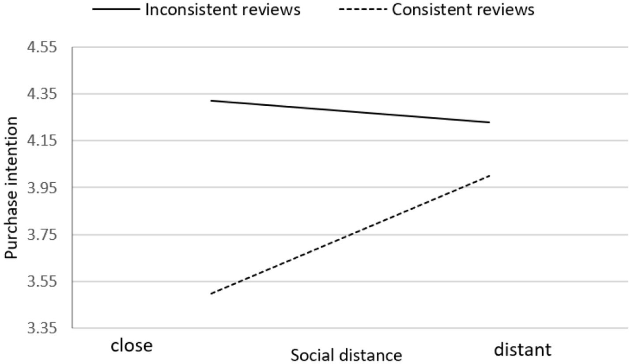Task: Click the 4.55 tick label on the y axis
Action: coord(42,47)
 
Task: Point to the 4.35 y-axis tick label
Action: coord(42,94)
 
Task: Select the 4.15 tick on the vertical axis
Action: coord(42,141)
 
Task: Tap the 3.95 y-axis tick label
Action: coord(42,188)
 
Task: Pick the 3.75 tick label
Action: coord(42,234)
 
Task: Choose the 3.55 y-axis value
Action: coord(42,281)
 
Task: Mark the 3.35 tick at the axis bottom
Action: coord(42,328)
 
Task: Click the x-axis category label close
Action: coord(132,345)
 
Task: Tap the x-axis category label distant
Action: coord(522,349)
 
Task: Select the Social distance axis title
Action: coord(346,355)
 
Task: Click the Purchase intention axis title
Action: coord(11,188)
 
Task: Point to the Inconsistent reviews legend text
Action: coord(223,10)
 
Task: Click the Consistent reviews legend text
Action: coord(463,10)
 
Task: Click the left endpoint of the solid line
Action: coord(211,101)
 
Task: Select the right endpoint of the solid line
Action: coord(490,123)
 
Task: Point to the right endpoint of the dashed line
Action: coord(490,176)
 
